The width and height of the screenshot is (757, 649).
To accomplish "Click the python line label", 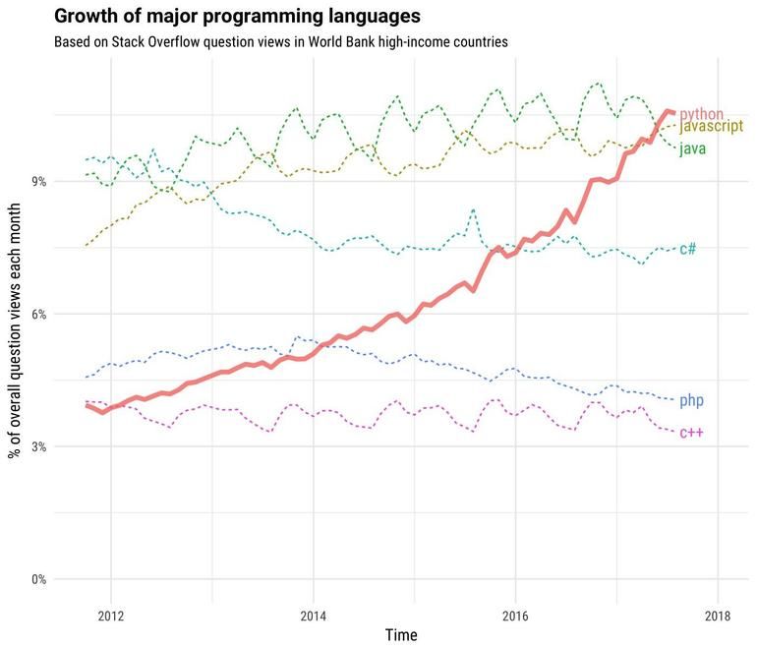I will coord(702,115).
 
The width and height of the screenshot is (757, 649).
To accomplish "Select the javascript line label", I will coord(711,128).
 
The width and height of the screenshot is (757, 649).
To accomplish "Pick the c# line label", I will coord(688,249).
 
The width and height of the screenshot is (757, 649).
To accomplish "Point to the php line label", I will coord(691,400).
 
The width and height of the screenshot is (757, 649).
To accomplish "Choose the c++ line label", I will coord(691,433).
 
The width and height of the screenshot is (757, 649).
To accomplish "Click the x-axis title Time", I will coord(400,635).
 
